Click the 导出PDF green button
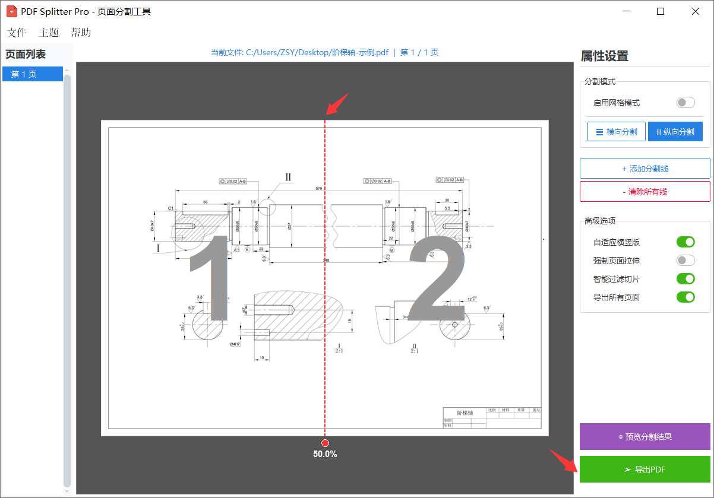point(645,470)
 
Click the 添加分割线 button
point(645,169)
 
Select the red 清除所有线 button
point(645,192)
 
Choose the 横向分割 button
point(616,132)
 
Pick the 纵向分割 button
point(675,132)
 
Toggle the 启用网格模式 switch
point(685,103)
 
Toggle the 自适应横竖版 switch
point(685,242)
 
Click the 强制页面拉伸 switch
point(685,261)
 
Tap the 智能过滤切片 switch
point(685,279)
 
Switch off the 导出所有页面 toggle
point(685,297)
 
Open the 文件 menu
point(17,33)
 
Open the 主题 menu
point(49,33)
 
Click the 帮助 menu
point(81,33)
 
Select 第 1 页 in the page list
point(32,74)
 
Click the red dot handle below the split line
point(325,443)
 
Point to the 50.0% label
point(325,454)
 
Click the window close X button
point(695,11)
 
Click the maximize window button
point(661,11)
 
